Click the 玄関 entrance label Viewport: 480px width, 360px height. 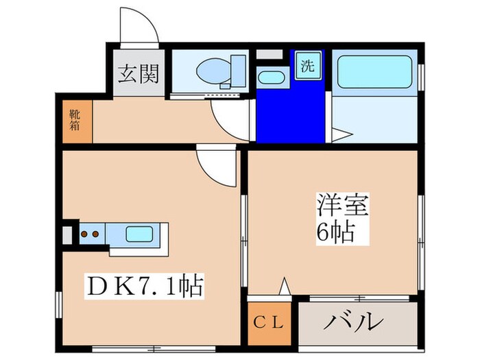139,73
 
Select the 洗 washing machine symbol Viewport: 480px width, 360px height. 308,66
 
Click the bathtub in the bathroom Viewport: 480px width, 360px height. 374,72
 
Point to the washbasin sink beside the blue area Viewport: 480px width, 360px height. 272,77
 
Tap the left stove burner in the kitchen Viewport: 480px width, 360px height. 84,235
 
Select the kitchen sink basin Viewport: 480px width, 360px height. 140,235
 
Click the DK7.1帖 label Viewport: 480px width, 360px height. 144,287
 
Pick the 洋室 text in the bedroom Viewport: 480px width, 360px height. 343,206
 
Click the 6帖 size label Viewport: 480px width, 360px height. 336,232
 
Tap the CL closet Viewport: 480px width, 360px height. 269,323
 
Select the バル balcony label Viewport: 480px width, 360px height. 354,322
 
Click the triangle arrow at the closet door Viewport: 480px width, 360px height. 285,286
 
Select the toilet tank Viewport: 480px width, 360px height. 238,71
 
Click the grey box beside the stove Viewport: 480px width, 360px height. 67,235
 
